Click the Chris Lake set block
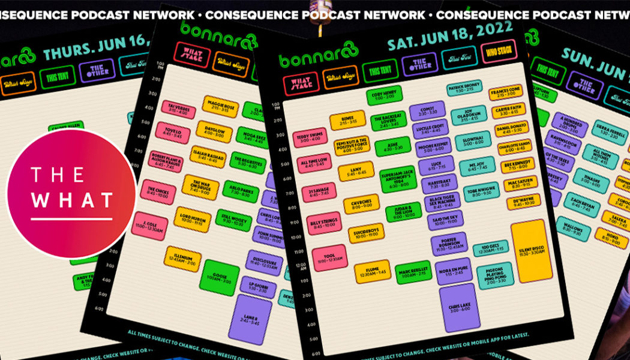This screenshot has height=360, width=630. point(460,308)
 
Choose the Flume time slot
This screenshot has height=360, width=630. point(372,271)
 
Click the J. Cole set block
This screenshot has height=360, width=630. point(149,226)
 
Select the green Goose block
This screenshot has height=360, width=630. point(219,277)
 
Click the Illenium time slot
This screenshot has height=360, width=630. point(182,259)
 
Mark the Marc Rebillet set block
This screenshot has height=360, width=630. point(415,275)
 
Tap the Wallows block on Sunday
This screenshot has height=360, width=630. point(572,228)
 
